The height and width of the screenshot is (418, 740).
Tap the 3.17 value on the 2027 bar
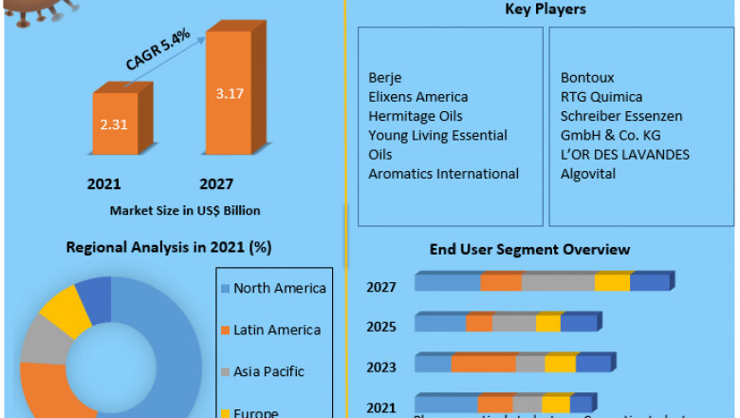click(x=230, y=94)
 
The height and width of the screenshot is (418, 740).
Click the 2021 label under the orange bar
click(x=104, y=183)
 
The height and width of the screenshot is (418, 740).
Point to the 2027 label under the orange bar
click(x=216, y=183)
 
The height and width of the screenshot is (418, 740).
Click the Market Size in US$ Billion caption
click(x=185, y=210)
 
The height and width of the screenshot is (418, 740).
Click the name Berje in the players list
click(x=384, y=78)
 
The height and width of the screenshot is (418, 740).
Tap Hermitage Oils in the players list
click(x=416, y=116)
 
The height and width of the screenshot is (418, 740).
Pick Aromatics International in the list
click(x=444, y=173)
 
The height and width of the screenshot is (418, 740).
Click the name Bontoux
click(x=588, y=78)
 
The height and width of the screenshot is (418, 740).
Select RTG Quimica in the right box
click(x=601, y=97)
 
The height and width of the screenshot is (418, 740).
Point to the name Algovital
click(x=588, y=173)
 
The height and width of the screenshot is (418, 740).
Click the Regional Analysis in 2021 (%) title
click(x=169, y=248)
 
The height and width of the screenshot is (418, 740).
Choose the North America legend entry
click(x=279, y=288)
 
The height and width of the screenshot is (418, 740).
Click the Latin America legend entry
click(x=276, y=330)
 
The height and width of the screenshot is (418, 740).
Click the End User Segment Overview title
click(x=529, y=250)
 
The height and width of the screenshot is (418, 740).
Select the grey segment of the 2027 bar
click(x=558, y=283)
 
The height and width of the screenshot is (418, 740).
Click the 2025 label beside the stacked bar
click(x=381, y=326)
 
